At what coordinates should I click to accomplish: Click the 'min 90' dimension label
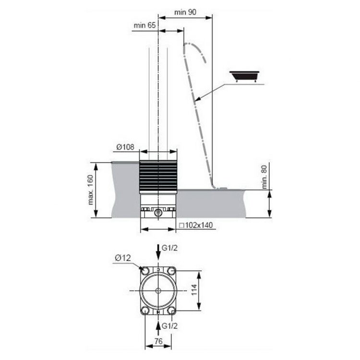(185, 12)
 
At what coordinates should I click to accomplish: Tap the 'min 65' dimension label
(144, 25)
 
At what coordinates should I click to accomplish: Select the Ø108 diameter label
(125, 147)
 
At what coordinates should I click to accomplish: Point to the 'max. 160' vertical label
(91, 190)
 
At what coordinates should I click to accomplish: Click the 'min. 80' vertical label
(264, 177)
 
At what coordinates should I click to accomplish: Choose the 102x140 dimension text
(199, 225)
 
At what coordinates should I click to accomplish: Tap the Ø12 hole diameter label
(123, 258)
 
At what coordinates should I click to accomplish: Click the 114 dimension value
(194, 290)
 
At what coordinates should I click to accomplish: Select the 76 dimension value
(158, 341)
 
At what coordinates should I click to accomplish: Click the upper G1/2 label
(169, 248)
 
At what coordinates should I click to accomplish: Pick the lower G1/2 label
(169, 326)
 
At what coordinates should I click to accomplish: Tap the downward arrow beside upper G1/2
(158, 252)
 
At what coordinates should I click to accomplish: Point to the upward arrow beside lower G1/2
(158, 329)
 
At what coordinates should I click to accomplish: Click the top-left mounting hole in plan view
(145, 271)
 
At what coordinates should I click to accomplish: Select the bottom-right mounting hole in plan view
(171, 311)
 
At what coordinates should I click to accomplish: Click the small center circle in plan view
(158, 291)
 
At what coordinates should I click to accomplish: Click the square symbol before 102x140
(181, 226)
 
